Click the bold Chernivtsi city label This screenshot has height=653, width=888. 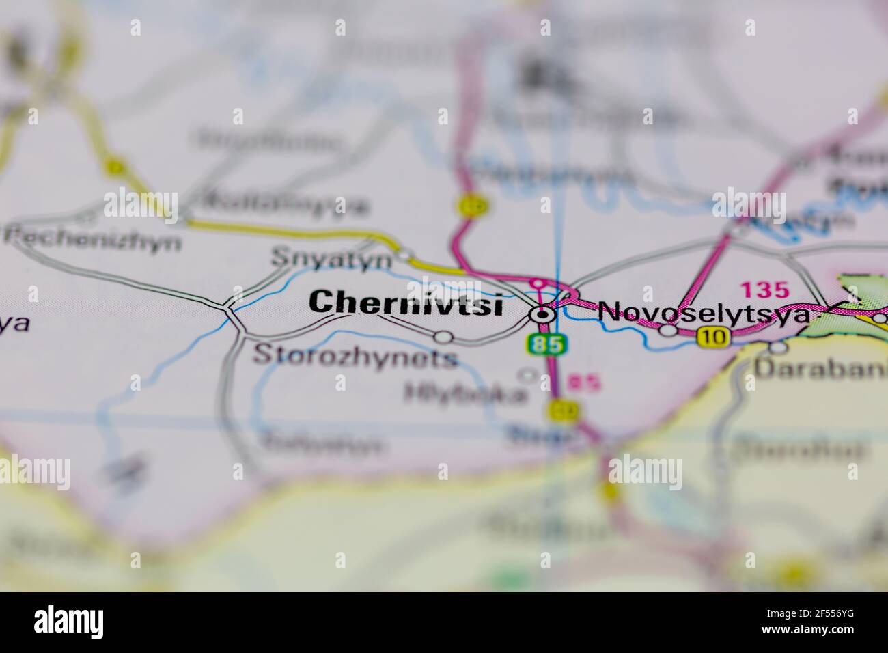(x=406, y=303)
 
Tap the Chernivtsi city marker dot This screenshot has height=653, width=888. (x=543, y=315)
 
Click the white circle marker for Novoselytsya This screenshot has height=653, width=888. (x=667, y=331)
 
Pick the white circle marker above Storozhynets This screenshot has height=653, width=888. (x=444, y=336)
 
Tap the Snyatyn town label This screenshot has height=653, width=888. (x=332, y=259)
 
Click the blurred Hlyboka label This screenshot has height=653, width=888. (x=466, y=393)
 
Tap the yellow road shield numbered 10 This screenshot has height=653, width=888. (x=714, y=336)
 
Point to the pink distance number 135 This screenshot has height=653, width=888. (x=764, y=290)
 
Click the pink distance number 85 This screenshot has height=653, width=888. (x=585, y=383)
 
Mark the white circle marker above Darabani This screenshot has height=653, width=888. (x=778, y=347)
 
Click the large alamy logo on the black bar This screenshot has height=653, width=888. (x=69, y=622)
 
